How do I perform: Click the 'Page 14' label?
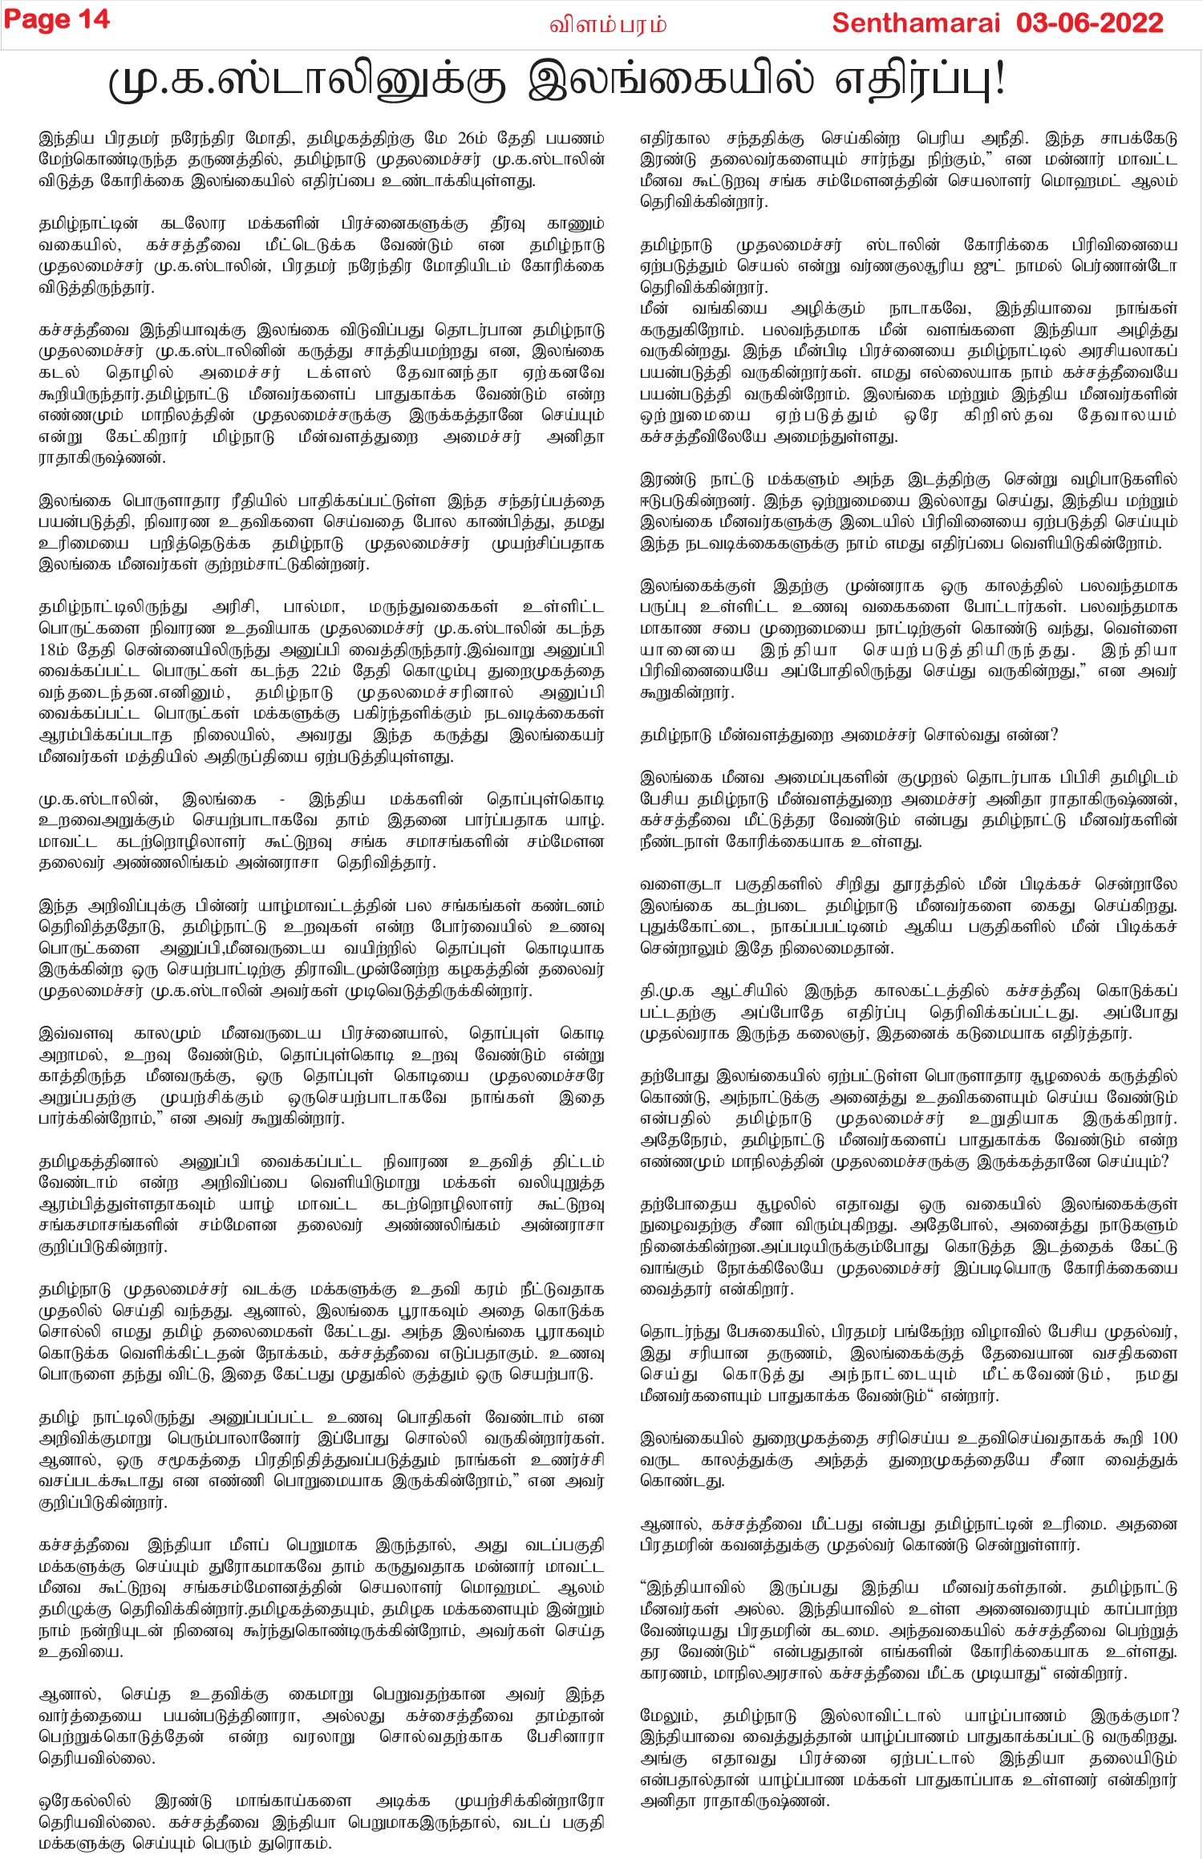coord(57,20)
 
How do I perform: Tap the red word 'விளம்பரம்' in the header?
coord(607,25)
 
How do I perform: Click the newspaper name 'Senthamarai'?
coord(915,22)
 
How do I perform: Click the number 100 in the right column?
coord(1164,1438)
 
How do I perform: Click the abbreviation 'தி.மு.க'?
coord(666,990)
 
